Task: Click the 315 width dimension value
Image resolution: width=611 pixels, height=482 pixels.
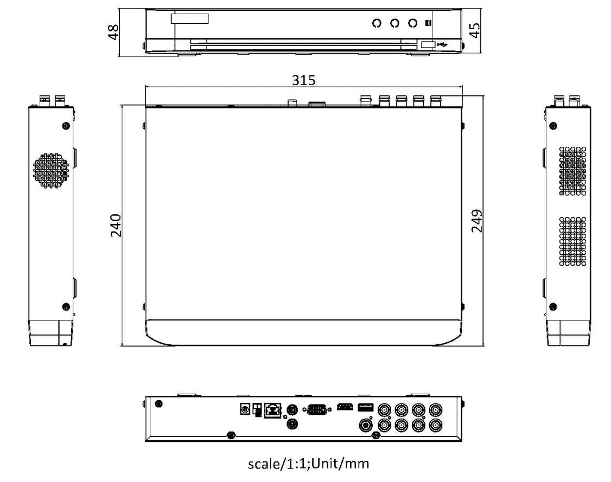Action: (303, 80)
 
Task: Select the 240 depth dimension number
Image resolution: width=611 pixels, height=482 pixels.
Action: (116, 226)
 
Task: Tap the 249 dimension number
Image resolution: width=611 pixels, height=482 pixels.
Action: (476, 221)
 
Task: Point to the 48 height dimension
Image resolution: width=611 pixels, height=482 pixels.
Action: (113, 32)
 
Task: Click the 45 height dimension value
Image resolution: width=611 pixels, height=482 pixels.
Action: (474, 30)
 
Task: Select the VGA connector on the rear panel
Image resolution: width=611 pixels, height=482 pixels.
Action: (317, 409)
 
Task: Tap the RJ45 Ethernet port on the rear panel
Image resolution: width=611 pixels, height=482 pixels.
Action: (272, 410)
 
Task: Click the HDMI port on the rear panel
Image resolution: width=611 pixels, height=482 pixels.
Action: (345, 407)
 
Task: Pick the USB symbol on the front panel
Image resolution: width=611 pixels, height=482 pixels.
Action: (442, 44)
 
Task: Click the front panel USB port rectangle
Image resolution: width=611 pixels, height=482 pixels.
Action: (428, 44)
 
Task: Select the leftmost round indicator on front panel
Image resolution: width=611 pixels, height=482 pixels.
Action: (377, 23)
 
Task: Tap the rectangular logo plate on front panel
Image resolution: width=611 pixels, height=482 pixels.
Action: (190, 18)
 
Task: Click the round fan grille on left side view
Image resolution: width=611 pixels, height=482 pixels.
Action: (51, 171)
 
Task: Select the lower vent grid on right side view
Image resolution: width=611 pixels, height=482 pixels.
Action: (572, 241)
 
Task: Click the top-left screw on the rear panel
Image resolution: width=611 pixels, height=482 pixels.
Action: (158, 404)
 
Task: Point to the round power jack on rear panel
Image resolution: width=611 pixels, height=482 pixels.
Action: (245, 409)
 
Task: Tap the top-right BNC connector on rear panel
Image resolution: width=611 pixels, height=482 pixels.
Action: (436, 410)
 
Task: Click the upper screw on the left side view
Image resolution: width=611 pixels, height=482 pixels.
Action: (66, 126)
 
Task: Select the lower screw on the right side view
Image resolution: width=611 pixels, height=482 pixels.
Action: (553, 307)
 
